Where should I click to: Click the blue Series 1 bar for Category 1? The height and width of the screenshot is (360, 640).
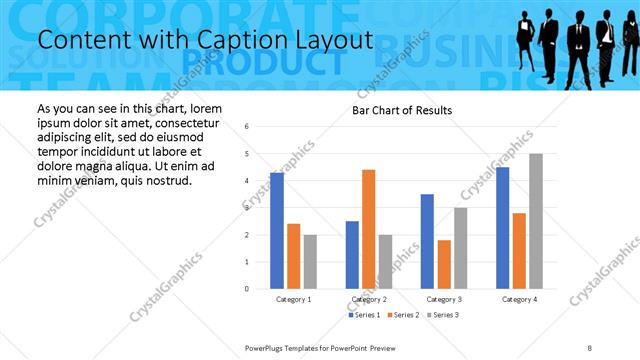click(x=277, y=231)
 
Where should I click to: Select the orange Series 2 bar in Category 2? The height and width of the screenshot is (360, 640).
click(x=369, y=229)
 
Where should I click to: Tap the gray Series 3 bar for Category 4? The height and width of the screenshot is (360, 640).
click(x=536, y=221)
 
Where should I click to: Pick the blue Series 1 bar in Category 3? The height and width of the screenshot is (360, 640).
click(x=427, y=241)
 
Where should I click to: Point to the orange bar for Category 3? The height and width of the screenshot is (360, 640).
click(x=444, y=264)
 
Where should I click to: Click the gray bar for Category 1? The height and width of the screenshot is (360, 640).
click(x=310, y=261)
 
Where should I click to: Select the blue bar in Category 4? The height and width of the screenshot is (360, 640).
click(x=502, y=228)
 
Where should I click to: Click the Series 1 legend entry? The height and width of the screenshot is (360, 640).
click(x=364, y=315)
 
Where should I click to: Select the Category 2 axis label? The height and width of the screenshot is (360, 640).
click(x=369, y=299)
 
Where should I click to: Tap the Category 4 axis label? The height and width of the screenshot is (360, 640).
click(x=519, y=299)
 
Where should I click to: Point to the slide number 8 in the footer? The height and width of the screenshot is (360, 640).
click(x=589, y=347)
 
